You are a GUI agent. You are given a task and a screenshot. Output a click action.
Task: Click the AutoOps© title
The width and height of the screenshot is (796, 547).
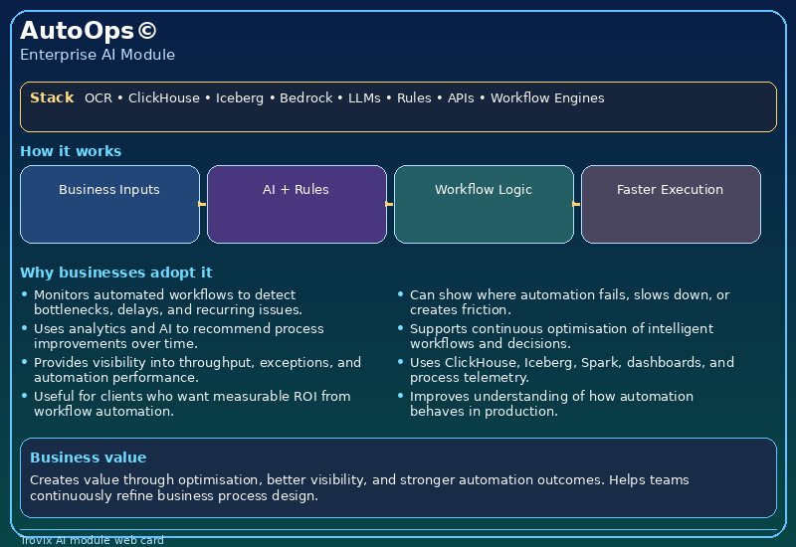[x=88, y=31]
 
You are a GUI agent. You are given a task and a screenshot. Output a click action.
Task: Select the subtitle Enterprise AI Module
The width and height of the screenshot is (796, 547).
[x=98, y=55]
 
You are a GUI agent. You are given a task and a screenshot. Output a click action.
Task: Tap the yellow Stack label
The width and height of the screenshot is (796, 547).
[x=52, y=97]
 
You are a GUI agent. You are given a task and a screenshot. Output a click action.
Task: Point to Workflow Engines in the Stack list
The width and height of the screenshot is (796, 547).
[x=546, y=98]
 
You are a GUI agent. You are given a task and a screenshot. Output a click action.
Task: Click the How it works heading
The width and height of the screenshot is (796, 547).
[x=71, y=151]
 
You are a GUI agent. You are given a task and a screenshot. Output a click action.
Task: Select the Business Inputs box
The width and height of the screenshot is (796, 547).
[x=109, y=204]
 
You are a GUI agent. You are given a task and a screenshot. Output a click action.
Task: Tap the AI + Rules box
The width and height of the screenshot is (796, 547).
[x=297, y=204]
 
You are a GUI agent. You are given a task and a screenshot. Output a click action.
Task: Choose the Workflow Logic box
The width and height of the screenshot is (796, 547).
[x=484, y=204]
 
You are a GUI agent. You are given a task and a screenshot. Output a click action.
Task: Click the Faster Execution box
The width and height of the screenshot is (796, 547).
[x=671, y=204]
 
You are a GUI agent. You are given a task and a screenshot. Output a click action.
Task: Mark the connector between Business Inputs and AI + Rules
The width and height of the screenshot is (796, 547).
[x=203, y=204]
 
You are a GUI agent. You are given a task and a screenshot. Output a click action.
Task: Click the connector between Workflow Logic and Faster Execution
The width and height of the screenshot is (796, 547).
[x=577, y=204]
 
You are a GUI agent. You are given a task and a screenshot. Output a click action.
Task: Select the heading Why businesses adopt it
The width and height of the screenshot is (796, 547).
[x=115, y=273]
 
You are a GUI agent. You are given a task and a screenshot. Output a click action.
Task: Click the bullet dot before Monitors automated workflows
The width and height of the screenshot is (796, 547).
[x=25, y=294]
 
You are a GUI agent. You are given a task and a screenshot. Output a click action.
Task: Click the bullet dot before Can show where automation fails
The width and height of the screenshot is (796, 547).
[x=401, y=294]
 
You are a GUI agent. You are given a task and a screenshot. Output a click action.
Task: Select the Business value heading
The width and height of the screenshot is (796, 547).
[x=88, y=457]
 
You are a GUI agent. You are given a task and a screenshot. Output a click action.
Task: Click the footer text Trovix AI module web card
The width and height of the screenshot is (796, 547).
[x=92, y=541]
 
